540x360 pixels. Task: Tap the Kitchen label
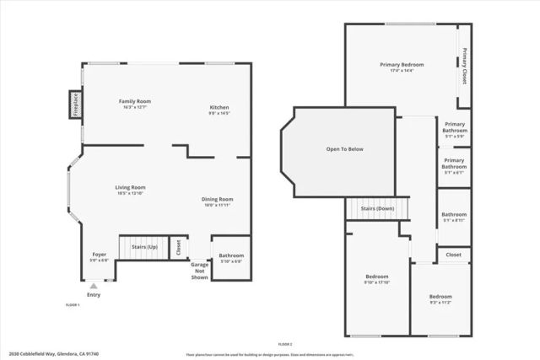[x=219, y=108]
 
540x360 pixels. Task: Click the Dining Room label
[x=217, y=199]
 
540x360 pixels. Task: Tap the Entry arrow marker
[x=93, y=287]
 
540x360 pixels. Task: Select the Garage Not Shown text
[x=199, y=270]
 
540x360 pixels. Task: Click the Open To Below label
[x=344, y=150]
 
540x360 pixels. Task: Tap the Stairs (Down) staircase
[x=376, y=207]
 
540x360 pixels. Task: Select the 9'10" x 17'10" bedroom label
[x=376, y=277]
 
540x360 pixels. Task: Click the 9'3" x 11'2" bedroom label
[x=440, y=298]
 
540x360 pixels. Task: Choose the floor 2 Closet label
[x=454, y=254]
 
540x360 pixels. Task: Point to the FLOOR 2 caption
[x=284, y=344]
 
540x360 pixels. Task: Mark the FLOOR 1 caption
[x=73, y=304]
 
